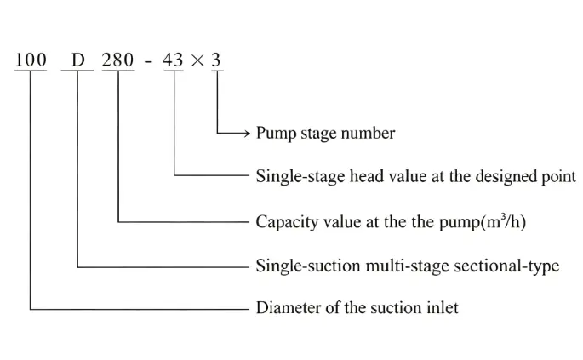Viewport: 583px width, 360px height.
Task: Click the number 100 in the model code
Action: [x=31, y=60]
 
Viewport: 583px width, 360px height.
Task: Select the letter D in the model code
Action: [x=78, y=60]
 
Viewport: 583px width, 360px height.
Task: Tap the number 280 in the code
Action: [x=117, y=60]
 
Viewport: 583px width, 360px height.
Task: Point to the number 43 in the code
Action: [x=173, y=60]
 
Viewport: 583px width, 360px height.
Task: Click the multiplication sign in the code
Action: [x=197, y=60]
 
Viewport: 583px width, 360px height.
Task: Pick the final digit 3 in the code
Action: [x=216, y=60]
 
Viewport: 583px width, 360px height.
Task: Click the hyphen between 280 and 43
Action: [x=148, y=62]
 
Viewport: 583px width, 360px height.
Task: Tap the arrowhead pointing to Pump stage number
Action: [x=247, y=133]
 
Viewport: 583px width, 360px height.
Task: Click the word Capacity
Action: [x=287, y=222]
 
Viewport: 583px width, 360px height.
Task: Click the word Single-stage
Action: [x=300, y=176]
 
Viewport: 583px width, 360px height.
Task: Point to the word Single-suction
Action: [x=308, y=266]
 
